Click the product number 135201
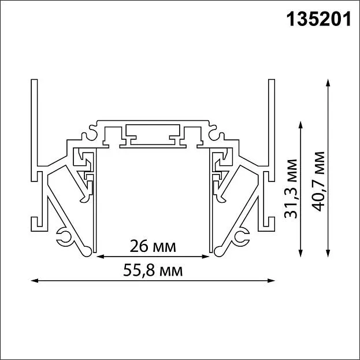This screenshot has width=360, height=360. (x=318, y=19)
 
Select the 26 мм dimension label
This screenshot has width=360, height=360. (x=153, y=246)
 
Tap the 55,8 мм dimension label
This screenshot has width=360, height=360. (x=153, y=270)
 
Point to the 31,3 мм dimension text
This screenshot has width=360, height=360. (x=291, y=188)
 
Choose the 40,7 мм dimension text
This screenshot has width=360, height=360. (x=318, y=181)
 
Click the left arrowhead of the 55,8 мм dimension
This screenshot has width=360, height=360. (x=35, y=281)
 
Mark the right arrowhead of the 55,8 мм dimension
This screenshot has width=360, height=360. (x=272, y=281)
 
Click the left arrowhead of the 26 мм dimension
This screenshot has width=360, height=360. (x=101, y=257)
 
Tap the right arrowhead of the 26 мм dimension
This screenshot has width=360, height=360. (x=206, y=257)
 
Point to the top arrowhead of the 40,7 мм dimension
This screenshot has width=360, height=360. (x=328, y=83)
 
